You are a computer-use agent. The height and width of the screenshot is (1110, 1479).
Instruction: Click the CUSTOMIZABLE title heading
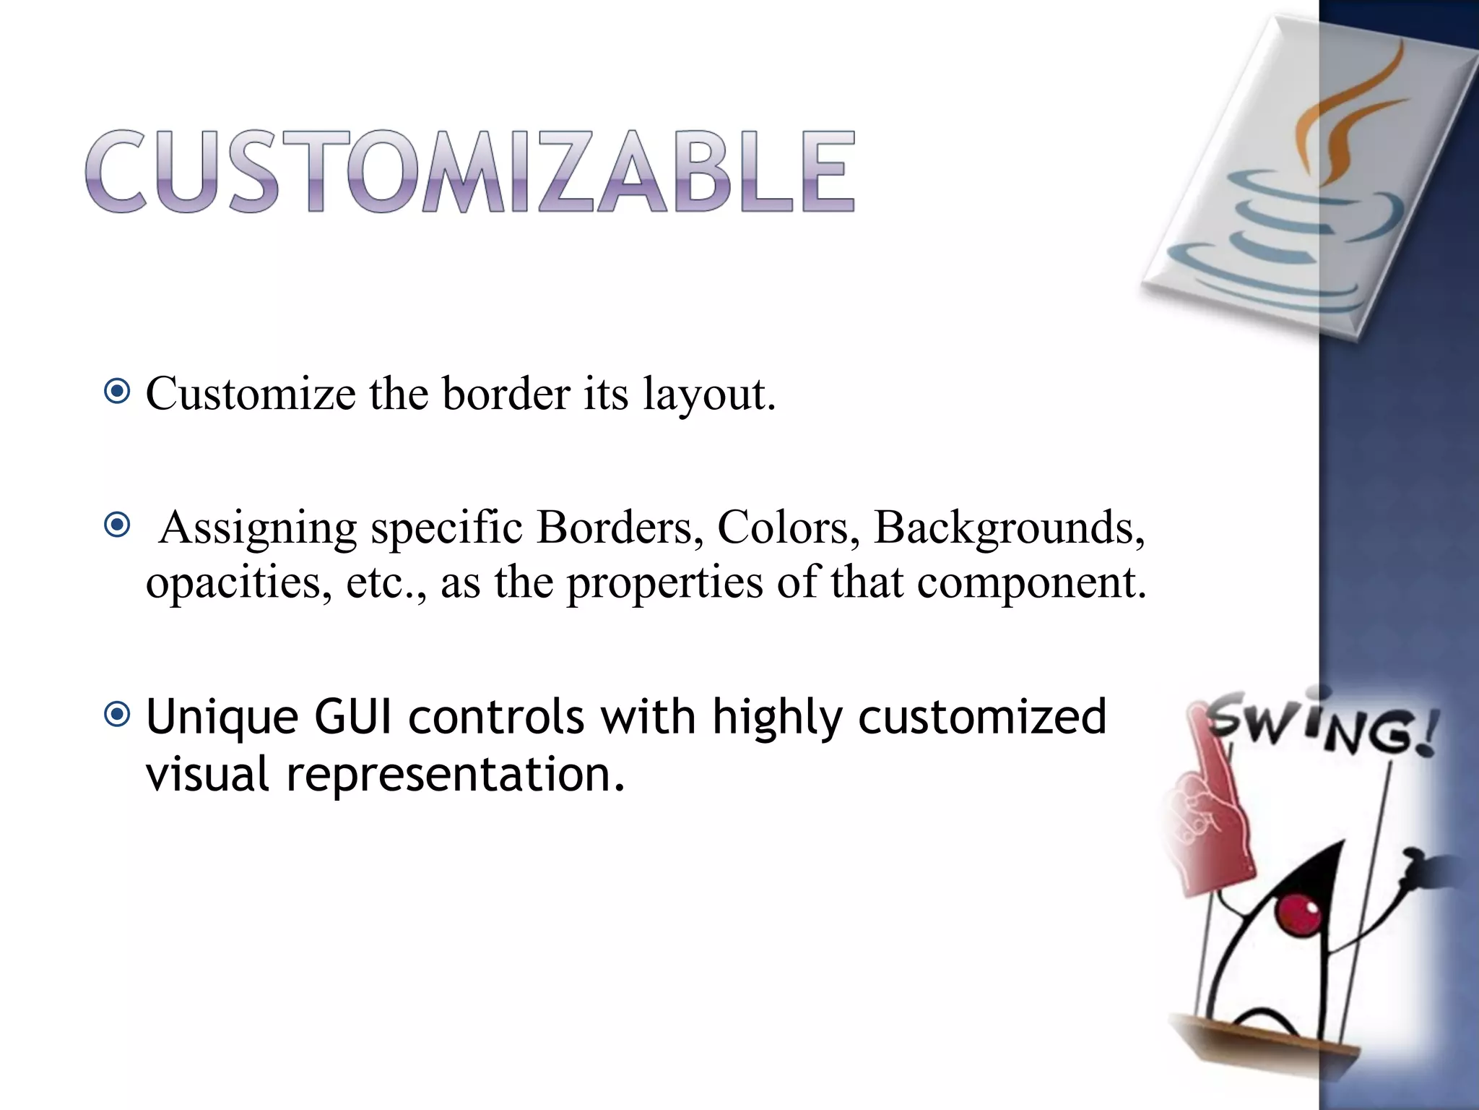[470, 171]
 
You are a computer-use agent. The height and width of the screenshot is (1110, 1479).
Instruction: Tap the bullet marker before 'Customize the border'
[117, 392]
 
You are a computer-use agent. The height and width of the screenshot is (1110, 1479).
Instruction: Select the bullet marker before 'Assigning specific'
[117, 525]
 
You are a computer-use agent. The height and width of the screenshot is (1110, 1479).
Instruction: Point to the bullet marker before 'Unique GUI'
[117, 715]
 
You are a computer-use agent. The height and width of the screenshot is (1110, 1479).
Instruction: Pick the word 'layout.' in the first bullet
[709, 395]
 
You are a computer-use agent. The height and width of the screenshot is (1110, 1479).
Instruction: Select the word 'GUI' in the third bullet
[350, 716]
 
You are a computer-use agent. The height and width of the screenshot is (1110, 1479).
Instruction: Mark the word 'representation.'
[455, 773]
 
